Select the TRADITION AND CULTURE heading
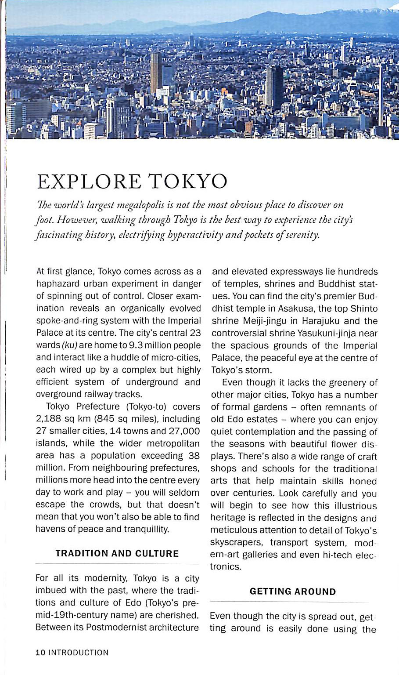click(x=117, y=553)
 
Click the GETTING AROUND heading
click(x=293, y=592)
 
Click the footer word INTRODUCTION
click(x=78, y=653)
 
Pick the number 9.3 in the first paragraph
click(x=136, y=345)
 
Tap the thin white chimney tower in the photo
click(x=380, y=94)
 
